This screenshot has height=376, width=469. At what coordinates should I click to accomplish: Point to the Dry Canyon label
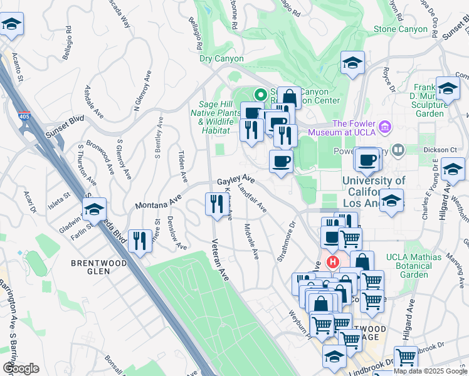[221, 59]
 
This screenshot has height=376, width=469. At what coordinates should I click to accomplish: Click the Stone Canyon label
[400, 29]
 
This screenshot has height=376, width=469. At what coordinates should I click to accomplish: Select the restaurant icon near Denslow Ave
[137, 241]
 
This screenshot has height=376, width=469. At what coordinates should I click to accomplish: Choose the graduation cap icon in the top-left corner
[11, 25]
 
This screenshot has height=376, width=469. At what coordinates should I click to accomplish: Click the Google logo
[20, 368]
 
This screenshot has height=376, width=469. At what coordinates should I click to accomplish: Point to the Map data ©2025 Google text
[430, 371]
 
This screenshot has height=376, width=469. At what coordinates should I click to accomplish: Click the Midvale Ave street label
[252, 241]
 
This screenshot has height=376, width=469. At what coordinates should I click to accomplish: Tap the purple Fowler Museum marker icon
[386, 127]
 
